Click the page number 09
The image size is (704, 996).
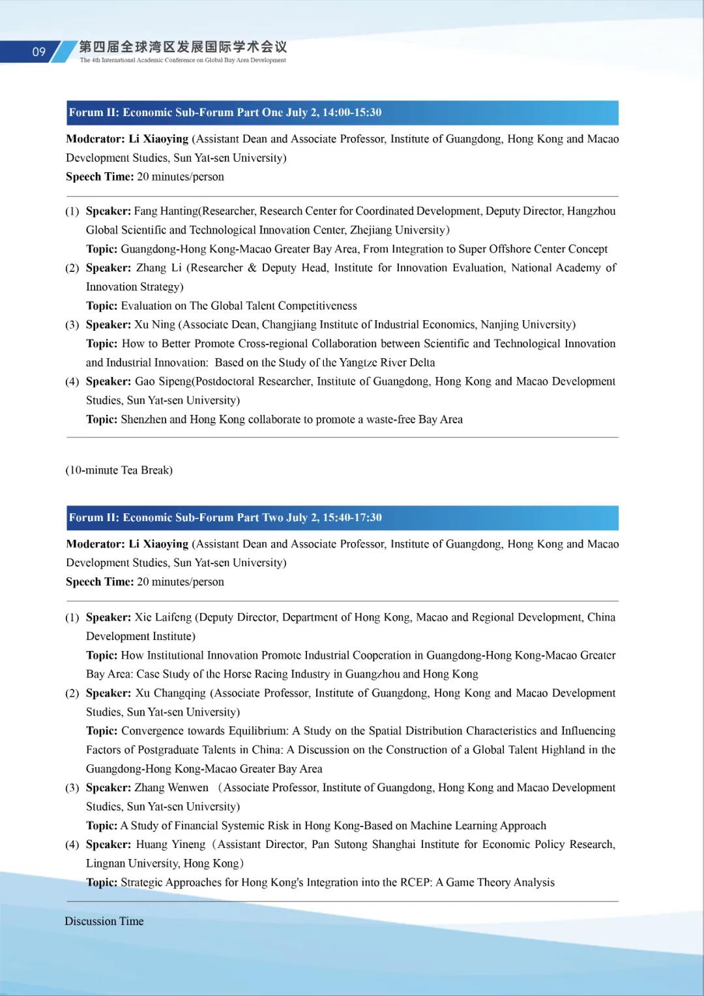[x=39, y=52]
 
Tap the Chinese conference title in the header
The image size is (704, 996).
[x=183, y=47]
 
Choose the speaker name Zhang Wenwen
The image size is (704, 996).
[x=171, y=788]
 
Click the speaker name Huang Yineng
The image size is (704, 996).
[x=170, y=845]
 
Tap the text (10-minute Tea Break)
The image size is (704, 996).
[x=119, y=470]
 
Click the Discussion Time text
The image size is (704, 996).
[x=104, y=921]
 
